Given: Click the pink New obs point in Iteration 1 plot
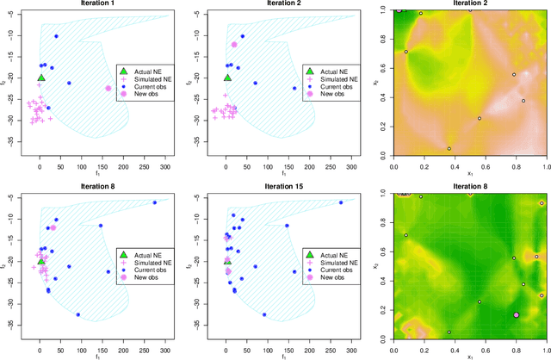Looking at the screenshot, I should click(x=108, y=89).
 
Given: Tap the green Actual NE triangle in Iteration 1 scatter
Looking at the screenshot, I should click(x=41, y=78).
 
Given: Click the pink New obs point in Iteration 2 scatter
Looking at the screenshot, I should click(x=234, y=45).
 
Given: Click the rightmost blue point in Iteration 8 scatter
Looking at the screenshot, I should click(x=155, y=203).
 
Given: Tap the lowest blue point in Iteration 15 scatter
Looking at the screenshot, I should click(x=264, y=314).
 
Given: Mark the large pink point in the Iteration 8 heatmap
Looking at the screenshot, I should click(x=516, y=315).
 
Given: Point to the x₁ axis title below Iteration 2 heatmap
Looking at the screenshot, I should click(x=470, y=173).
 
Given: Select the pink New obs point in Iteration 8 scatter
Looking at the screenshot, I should click(x=53, y=227).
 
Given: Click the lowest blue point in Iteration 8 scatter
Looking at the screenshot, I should click(x=77, y=314).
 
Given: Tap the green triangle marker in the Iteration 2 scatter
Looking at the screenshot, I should click(x=227, y=78).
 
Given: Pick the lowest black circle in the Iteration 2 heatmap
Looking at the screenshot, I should click(x=449, y=148).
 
